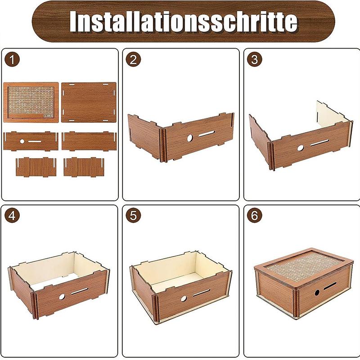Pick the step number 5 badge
[132, 216]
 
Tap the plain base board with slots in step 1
[89, 103]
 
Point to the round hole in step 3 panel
[300, 147]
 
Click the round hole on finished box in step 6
[317, 292]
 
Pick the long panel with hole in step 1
[31, 141]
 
